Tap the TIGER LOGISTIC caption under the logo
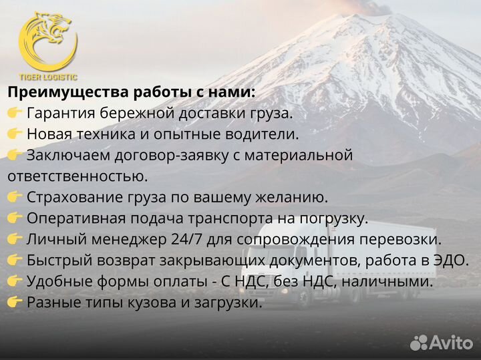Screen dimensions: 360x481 pos(47,77)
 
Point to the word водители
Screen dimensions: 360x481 pos(263,134)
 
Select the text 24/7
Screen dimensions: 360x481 pos(178,239)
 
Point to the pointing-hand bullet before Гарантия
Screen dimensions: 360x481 pos(15,114)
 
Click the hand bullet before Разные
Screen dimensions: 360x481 pos(15,303)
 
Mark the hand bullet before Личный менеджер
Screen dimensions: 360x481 pos(15,239)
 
